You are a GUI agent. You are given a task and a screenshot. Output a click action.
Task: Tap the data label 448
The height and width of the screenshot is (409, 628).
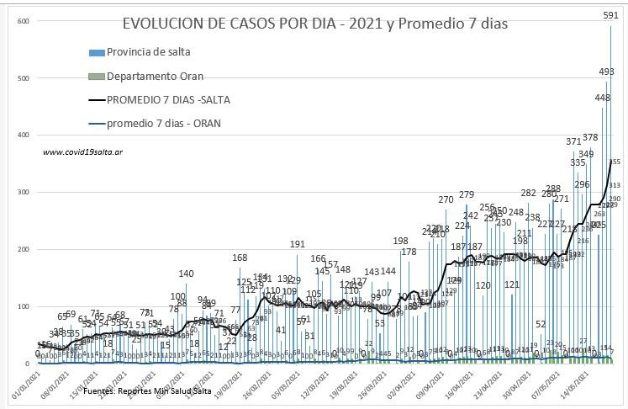[x=602, y=98]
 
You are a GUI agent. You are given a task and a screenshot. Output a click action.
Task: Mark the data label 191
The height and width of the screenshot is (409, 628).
[x=298, y=244]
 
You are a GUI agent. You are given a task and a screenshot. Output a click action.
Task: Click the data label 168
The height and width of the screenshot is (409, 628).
[x=240, y=258]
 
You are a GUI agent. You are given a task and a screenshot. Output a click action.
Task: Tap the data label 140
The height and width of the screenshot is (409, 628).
[x=187, y=274]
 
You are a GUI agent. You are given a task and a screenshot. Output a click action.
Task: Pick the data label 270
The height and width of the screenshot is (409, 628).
[x=446, y=199]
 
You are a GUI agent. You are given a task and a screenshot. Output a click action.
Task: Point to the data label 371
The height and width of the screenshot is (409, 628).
[x=573, y=141]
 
